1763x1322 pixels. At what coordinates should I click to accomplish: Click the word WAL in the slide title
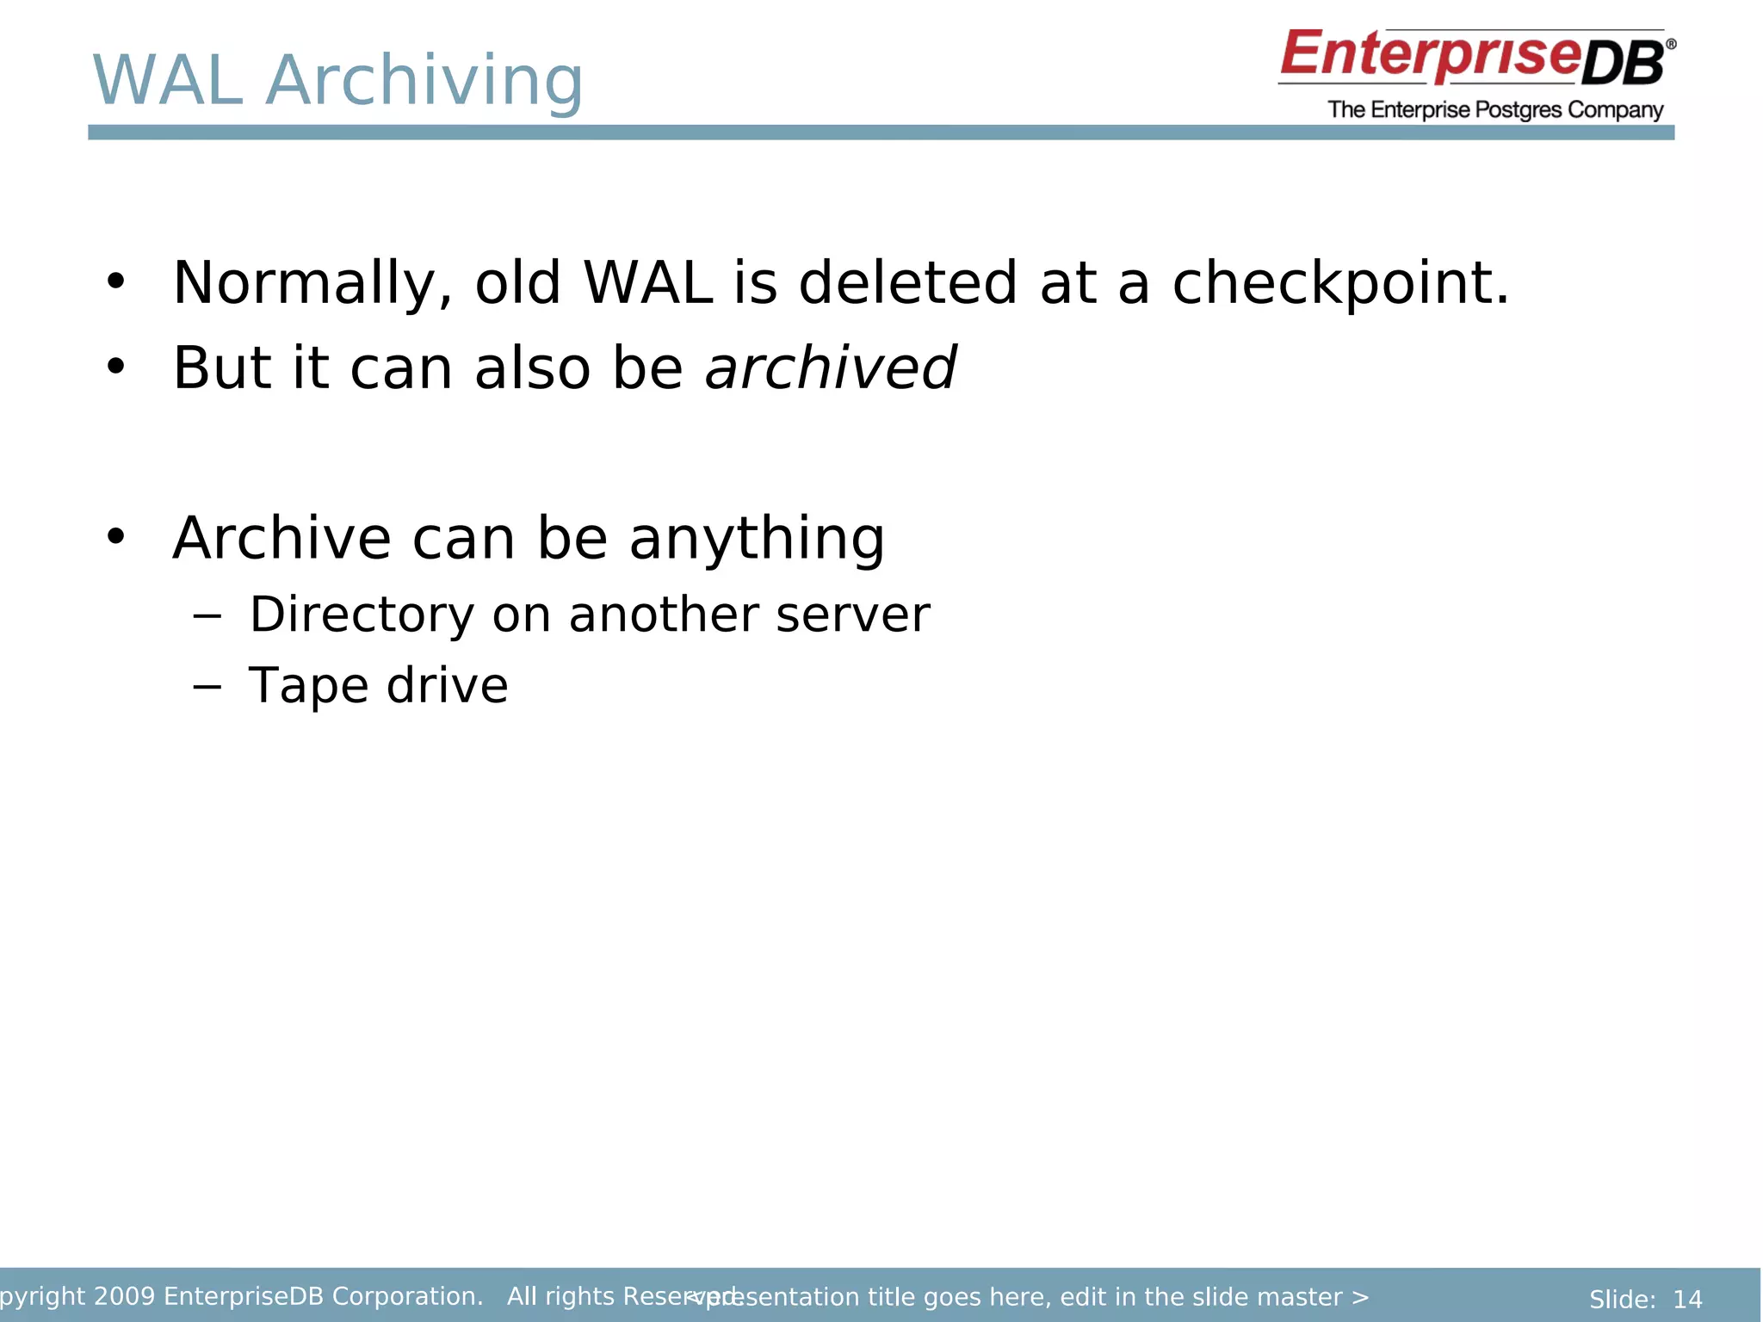(x=169, y=81)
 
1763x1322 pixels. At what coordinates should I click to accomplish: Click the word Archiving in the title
(x=424, y=81)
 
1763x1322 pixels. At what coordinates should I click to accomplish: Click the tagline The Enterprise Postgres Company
(x=1494, y=110)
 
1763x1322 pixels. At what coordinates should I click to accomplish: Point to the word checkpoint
(x=1339, y=284)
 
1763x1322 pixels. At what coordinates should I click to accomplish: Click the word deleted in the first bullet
(x=907, y=284)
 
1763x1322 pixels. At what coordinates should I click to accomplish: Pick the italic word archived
(x=830, y=368)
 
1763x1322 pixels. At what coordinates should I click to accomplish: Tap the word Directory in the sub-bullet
(x=362, y=615)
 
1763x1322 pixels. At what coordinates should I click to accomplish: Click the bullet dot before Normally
(x=115, y=281)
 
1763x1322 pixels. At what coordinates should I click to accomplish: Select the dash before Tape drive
(x=207, y=687)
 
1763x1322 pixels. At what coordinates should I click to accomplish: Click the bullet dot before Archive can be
(x=115, y=536)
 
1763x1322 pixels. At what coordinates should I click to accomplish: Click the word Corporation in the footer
(x=406, y=1296)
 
